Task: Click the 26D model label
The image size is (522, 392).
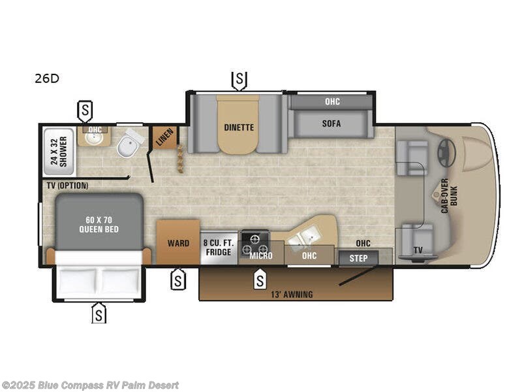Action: click(x=47, y=79)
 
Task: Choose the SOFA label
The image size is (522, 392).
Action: click(x=331, y=123)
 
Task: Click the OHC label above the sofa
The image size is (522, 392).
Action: click(x=332, y=102)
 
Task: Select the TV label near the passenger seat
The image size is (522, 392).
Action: click(x=418, y=250)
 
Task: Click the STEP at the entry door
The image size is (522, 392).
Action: click(x=358, y=258)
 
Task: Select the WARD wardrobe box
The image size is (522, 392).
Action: click(x=178, y=243)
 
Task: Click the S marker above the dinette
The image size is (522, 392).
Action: click(x=239, y=80)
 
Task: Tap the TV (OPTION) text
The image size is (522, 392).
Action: click(x=67, y=186)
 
